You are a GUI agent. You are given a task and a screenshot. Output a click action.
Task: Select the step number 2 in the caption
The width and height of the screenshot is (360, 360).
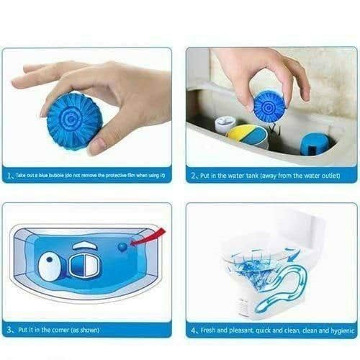pos(194,176)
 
